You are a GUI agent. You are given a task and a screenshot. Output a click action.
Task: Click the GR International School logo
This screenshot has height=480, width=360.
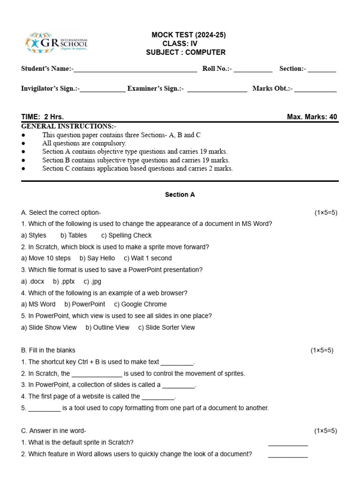tap(56, 43)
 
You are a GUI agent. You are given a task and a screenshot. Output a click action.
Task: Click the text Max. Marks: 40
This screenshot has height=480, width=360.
tap(312, 117)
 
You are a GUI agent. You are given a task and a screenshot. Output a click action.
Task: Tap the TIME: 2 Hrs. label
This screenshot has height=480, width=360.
tap(43, 117)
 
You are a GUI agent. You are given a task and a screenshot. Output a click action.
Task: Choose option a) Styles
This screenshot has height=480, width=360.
tap(34, 235)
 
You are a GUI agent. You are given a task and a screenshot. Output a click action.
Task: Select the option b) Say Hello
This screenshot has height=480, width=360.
tap(97, 258)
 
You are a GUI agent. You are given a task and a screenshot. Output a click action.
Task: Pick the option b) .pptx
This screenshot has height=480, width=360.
tap(64, 281)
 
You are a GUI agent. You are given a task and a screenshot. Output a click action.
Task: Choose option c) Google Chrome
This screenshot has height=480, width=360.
tap(140, 304)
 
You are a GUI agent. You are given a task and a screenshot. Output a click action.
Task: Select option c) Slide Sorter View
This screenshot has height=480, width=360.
tap(166, 327)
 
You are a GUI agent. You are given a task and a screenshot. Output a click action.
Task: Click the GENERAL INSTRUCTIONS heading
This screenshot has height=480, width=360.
tap(69, 127)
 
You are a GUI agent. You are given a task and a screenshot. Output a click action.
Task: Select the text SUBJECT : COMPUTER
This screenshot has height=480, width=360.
tap(186, 52)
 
